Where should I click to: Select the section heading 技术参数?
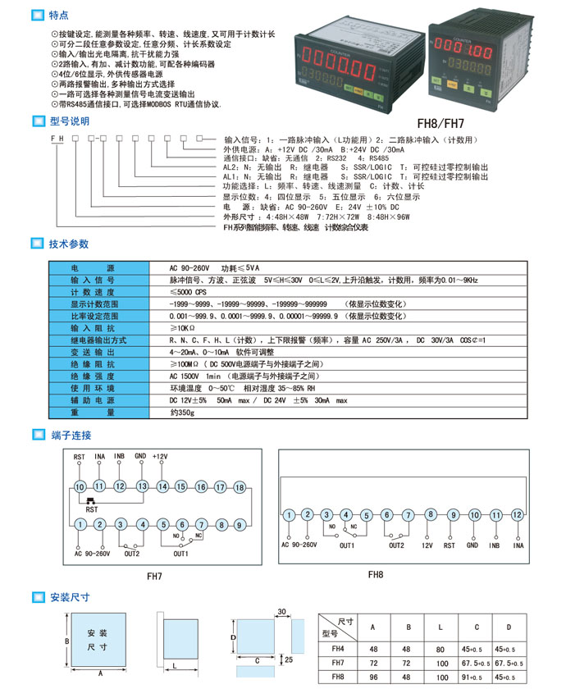[x=69, y=244]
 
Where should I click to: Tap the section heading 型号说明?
[x=69, y=121]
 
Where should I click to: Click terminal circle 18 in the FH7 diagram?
[x=240, y=487]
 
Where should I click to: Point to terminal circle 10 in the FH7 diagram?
[x=80, y=487]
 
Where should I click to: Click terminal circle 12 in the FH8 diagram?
[x=516, y=514]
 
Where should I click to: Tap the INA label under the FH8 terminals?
[x=518, y=544]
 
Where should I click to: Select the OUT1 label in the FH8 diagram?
[x=347, y=545]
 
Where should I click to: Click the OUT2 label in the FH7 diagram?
[x=131, y=554]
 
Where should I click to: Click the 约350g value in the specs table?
[x=185, y=413]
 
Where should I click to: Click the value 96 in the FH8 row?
[x=374, y=677]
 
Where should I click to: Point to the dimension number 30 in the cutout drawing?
[x=281, y=611]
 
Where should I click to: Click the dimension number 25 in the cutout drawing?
[x=288, y=659]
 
